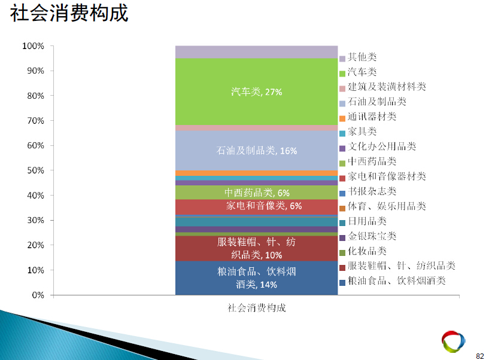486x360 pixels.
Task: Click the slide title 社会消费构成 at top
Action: (69, 13)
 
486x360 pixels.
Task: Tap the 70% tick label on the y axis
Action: (36, 121)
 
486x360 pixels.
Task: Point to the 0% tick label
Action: (38, 295)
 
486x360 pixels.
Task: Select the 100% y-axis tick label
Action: (33, 46)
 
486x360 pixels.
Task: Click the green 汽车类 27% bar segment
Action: (256, 91)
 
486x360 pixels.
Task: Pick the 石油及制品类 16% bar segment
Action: (256, 151)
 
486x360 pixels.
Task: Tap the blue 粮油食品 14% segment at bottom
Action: (256, 278)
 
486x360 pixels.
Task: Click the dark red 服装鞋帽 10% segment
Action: (256, 248)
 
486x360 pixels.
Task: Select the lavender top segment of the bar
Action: (256, 52)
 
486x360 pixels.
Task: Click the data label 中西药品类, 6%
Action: (257, 193)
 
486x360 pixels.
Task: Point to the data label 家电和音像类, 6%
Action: (264, 206)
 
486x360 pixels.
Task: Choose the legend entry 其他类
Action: (358, 57)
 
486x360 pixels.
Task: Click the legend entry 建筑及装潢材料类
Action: (383, 87)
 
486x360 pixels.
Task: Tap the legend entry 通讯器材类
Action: (368, 117)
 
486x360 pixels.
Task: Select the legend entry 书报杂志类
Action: (368, 192)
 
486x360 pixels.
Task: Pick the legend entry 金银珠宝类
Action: (368, 237)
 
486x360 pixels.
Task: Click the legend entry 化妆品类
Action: (363, 252)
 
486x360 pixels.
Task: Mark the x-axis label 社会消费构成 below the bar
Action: (257, 308)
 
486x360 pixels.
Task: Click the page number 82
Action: (480, 356)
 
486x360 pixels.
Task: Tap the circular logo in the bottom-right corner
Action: (454, 341)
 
